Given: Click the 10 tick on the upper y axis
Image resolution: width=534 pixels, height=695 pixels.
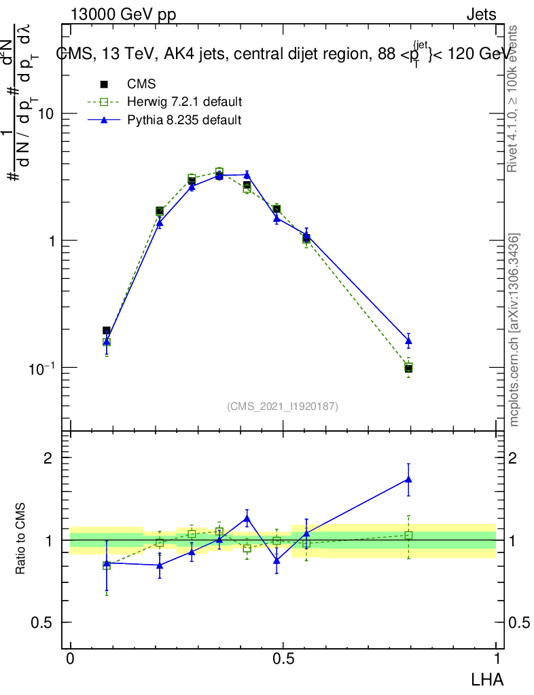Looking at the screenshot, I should [x=46, y=114].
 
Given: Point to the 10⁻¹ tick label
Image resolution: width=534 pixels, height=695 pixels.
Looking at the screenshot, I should [x=41, y=367].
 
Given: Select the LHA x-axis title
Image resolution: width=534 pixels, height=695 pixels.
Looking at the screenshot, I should [x=488, y=678].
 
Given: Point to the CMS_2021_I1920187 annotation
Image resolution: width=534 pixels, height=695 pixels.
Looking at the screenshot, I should [x=283, y=406].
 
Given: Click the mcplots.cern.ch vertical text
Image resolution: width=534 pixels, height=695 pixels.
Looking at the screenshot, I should [x=514, y=330].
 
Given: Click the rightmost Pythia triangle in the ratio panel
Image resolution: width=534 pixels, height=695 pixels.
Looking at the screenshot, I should [x=408, y=479].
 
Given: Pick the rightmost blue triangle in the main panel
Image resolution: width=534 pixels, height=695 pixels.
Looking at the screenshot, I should [x=408, y=341].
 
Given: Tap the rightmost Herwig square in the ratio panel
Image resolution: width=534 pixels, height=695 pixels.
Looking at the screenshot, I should [x=408, y=536].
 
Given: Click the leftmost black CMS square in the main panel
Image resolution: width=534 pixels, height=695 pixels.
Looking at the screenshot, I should [x=107, y=331].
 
